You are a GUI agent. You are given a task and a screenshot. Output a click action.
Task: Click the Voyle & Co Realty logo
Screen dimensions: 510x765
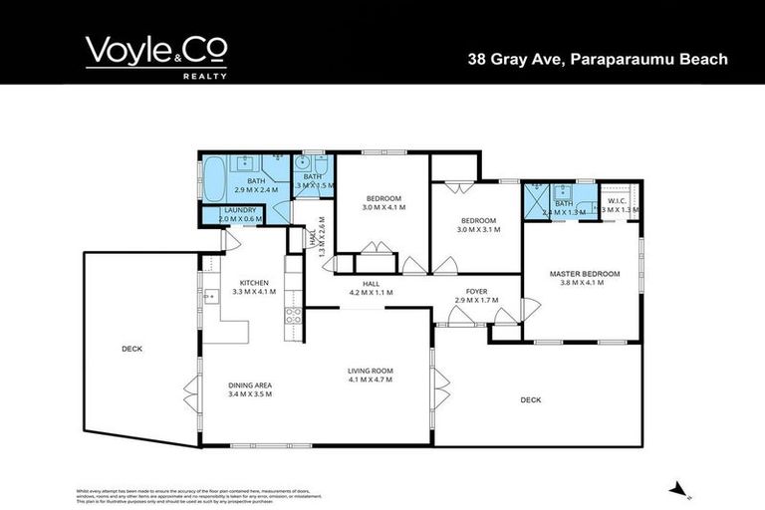(x=155, y=55)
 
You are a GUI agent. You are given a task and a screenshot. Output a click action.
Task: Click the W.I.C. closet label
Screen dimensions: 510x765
(x=616, y=200)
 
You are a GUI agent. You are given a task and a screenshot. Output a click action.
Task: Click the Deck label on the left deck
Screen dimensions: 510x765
(x=131, y=349)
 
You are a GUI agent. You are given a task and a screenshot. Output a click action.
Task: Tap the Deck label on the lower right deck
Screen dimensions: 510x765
(x=530, y=399)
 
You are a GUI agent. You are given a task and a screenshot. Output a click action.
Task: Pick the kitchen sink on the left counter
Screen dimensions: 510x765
(x=211, y=297)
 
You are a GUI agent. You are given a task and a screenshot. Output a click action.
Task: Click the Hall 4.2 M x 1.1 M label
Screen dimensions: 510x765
(x=370, y=288)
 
